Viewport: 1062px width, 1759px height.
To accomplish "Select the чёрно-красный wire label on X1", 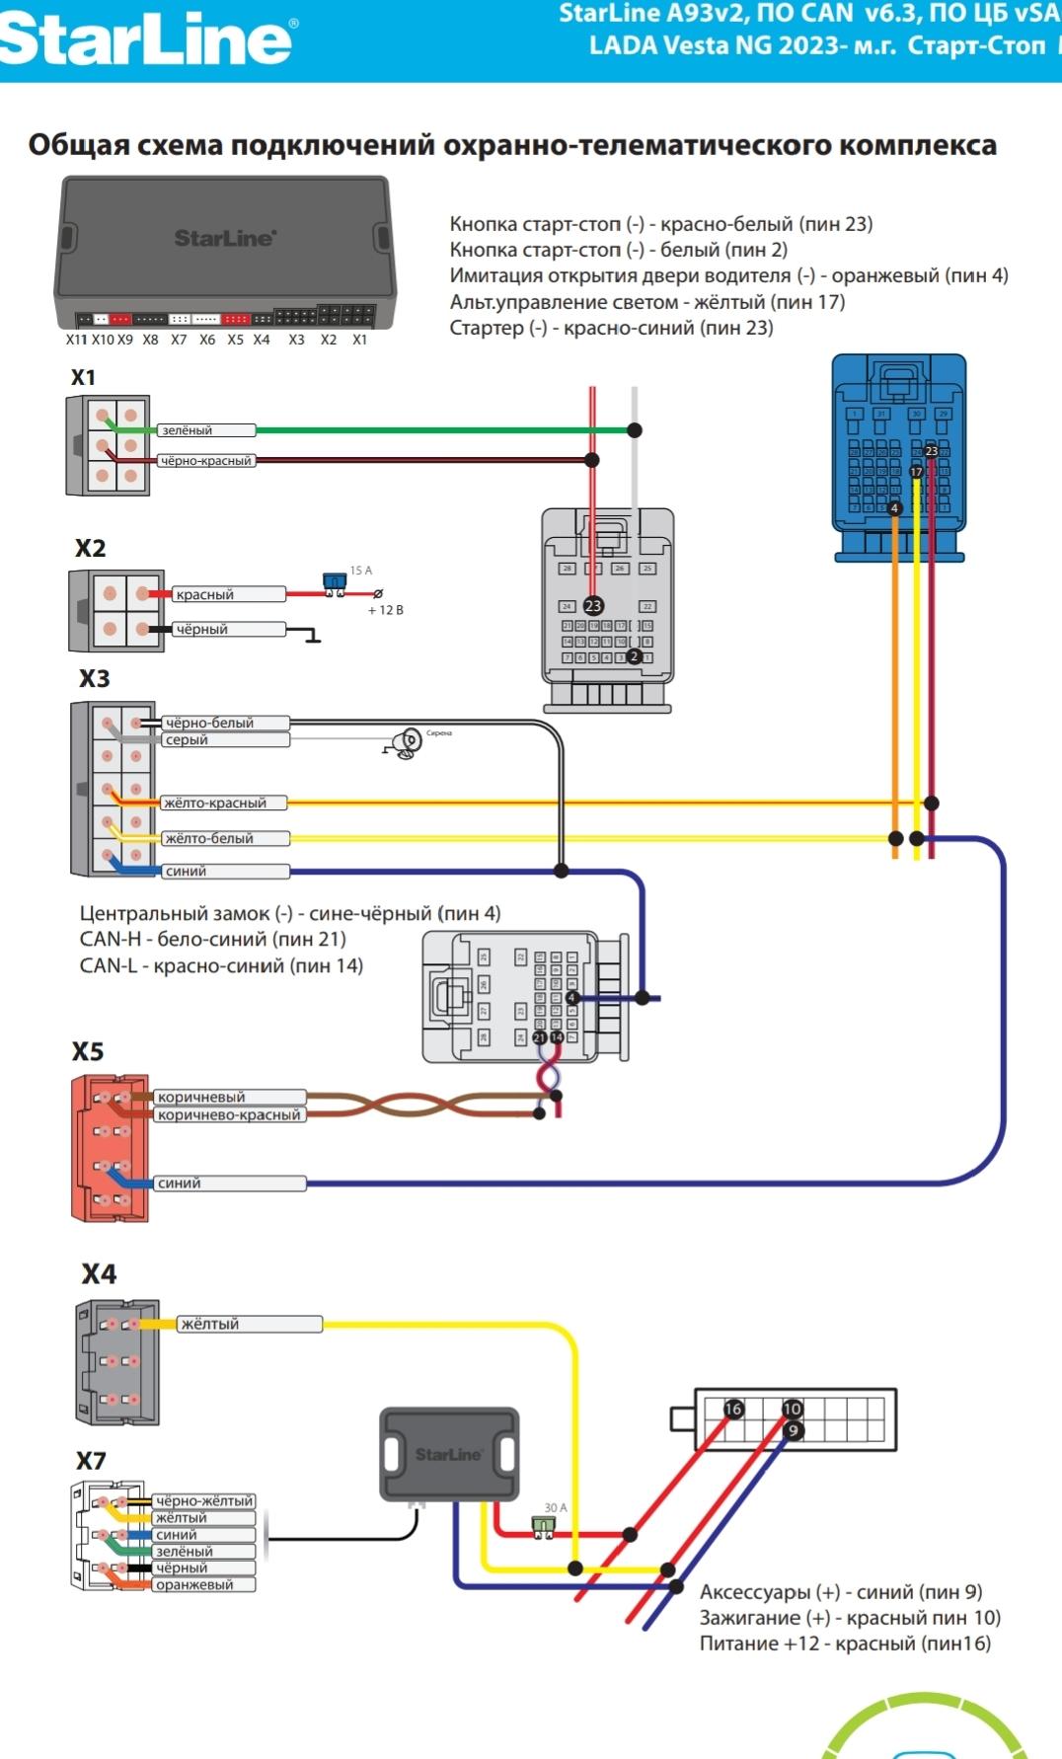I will pyautogui.click(x=205, y=461).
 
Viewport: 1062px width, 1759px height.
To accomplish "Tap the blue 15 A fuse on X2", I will pyautogui.click(x=335, y=581).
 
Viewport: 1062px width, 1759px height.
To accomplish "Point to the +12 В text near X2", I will pyautogui.click(x=385, y=610).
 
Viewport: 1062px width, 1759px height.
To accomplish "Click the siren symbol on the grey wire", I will pyautogui.click(x=405, y=743).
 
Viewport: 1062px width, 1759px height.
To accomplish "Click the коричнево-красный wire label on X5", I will pyautogui.click(x=229, y=1115).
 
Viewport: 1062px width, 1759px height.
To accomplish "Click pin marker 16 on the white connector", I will pyautogui.click(x=733, y=1409).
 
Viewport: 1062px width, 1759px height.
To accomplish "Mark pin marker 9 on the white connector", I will pyautogui.click(x=794, y=1430).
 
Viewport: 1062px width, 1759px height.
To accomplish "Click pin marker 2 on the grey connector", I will pyautogui.click(x=635, y=656).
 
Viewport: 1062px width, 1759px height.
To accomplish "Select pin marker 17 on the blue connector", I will pyautogui.click(x=916, y=472).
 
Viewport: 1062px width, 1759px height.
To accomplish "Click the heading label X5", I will pyautogui.click(x=88, y=1052).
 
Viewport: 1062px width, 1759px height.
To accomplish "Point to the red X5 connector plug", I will pyautogui.click(x=110, y=1149).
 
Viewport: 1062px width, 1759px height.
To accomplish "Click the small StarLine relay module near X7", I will pyautogui.click(x=449, y=1454).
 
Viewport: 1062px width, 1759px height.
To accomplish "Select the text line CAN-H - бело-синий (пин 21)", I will pyautogui.click(x=212, y=940).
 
